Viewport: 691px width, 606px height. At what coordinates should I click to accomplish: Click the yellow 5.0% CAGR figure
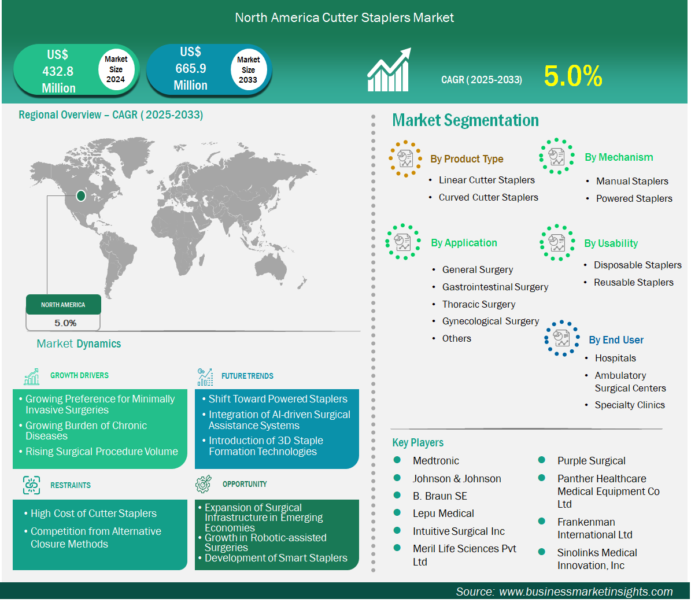573,76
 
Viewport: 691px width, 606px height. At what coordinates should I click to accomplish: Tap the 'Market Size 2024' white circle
116,69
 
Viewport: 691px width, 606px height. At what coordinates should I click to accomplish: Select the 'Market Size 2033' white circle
249,69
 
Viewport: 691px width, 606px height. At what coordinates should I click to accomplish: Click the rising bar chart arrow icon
389,69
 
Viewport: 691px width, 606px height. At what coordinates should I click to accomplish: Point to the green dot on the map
80,195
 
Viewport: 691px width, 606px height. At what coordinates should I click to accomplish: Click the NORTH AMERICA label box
64,305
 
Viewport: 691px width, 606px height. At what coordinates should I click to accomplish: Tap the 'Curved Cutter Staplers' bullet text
488,197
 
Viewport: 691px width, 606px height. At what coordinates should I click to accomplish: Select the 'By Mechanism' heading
619,157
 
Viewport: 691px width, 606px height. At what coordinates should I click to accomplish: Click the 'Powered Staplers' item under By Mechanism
634,198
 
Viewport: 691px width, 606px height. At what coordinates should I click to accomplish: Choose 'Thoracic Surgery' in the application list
479,304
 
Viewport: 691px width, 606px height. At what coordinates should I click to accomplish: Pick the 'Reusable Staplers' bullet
634,282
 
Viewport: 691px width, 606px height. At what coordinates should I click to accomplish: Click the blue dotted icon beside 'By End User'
561,338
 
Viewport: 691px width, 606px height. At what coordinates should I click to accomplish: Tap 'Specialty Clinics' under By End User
630,405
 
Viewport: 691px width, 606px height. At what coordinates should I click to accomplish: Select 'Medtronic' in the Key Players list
436,460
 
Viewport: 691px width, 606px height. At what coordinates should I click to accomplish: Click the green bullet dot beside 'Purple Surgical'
542,460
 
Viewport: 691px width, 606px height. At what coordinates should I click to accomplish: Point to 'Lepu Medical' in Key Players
444,513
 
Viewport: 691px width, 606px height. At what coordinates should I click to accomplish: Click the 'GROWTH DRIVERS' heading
79,375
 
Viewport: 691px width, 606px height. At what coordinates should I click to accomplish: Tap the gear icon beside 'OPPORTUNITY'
203,484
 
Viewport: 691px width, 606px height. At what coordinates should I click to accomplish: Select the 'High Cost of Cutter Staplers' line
94,513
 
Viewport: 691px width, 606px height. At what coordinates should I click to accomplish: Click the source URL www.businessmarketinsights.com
586,592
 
